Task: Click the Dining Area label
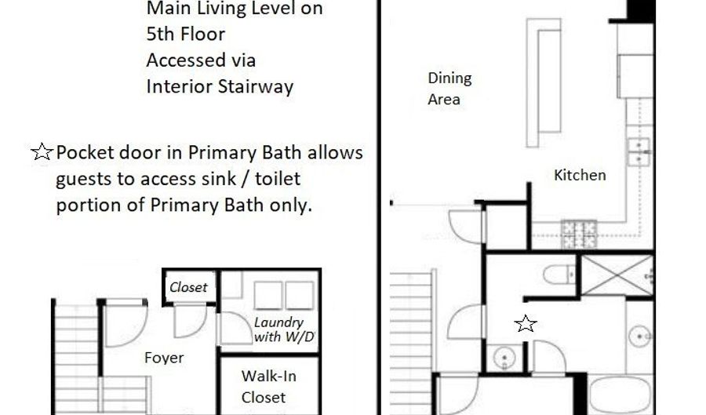point(449,88)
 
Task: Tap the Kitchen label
point(580,175)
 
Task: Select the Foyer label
point(164,358)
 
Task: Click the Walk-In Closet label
point(268,387)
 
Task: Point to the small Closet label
point(188,287)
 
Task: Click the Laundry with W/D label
point(284,329)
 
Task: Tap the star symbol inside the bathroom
point(526,324)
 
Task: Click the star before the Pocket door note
point(42,152)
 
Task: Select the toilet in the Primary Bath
point(559,274)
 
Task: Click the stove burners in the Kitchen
point(580,235)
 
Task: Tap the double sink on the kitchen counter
point(639,151)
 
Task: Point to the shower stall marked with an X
point(617,275)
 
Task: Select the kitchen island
point(544,82)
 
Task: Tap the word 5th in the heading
point(159,34)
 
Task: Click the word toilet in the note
point(278,179)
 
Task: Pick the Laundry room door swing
point(234,329)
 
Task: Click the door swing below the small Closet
point(190,321)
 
